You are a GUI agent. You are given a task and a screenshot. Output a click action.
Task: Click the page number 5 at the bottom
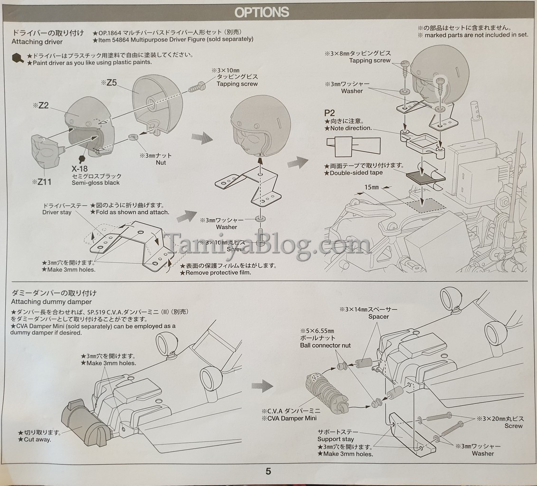[x=268, y=471]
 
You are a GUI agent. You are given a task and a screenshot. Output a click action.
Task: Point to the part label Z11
[x=44, y=181]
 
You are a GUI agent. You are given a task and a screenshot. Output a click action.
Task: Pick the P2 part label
[x=329, y=113]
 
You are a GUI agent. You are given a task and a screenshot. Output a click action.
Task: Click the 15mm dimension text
[x=372, y=187]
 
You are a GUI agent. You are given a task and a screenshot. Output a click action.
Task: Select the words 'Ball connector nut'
[x=325, y=345]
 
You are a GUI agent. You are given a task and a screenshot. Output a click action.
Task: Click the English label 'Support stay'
[x=335, y=439]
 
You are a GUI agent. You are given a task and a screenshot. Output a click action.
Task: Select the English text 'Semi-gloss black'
[x=96, y=183]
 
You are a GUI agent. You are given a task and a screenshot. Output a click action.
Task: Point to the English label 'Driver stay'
[x=57, y=212]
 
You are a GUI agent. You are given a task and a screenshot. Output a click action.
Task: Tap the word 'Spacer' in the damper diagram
[x=378, y=317]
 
